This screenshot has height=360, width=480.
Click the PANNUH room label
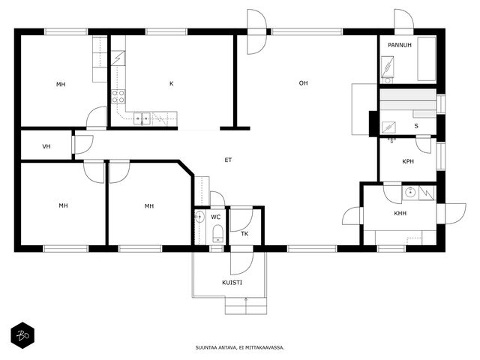click(400, 45)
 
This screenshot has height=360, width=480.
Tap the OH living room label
click(303, 83)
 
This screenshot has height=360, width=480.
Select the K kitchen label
click(172, 83)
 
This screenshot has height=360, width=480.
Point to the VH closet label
click(46, 146)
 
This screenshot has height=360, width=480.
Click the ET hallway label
click(228, 160)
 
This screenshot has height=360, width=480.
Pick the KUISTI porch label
click(232, 283)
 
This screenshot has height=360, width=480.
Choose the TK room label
click(244, 234)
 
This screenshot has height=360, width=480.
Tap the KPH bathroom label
click(408, 161)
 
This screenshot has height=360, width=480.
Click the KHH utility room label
click(400, 213)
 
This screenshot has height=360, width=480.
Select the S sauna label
click(416, 126)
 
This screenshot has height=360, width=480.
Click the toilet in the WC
click(217, 233)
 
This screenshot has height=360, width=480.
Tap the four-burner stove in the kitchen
click(118, 96)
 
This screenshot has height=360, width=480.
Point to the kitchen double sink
click(142, 118)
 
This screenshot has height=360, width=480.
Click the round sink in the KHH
click(410, 193)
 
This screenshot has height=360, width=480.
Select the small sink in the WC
click(199, 217)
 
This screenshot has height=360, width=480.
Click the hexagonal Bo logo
click(22, 335)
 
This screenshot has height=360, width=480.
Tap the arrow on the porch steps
click(246, 305)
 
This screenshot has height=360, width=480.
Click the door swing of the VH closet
click(83, 145)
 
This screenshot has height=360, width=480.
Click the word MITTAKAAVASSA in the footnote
click(267, 348)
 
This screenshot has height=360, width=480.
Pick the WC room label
click(215, 217)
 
